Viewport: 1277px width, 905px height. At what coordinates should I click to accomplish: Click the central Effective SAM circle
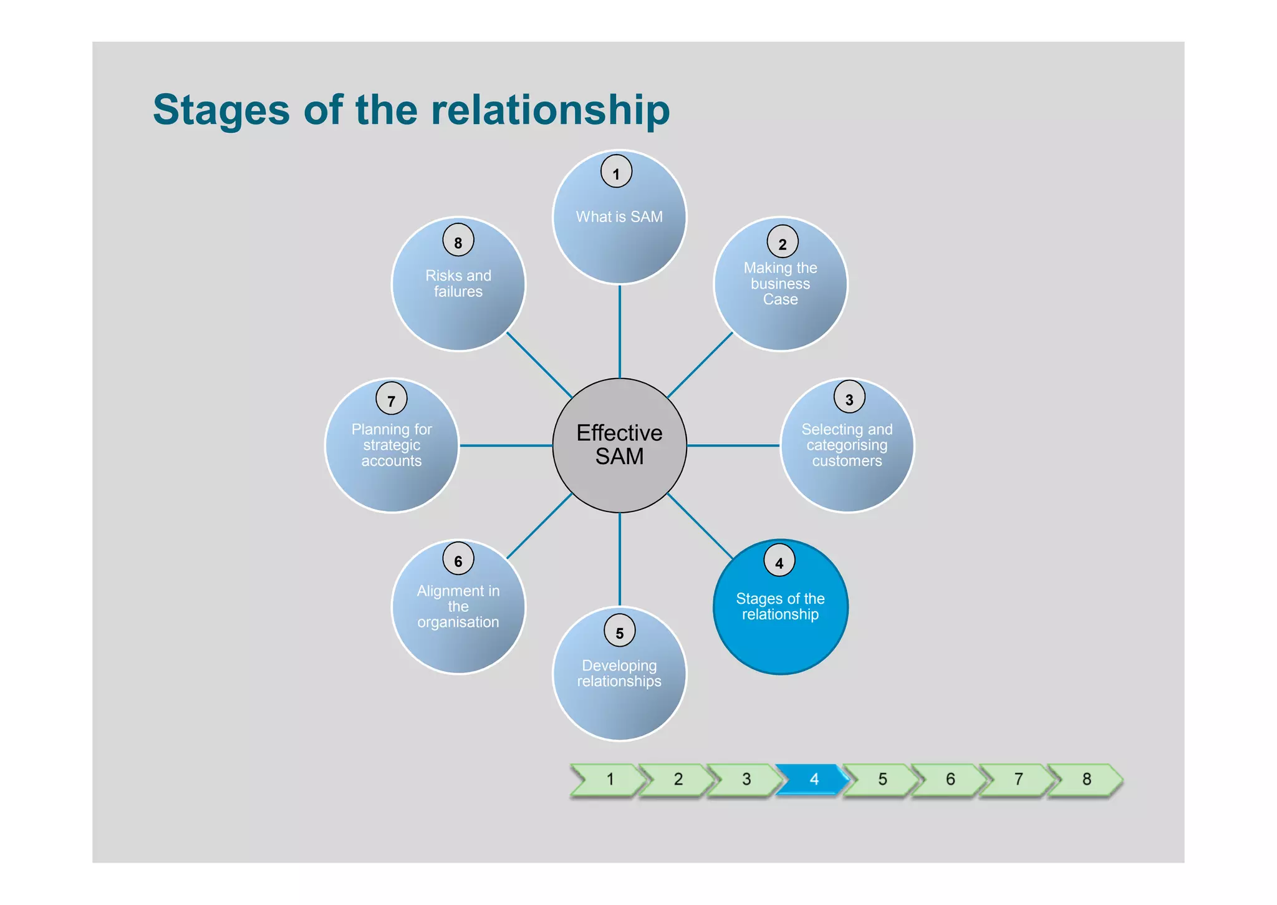click(619, 445)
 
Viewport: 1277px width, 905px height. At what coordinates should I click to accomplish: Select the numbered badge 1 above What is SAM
click(616, 172)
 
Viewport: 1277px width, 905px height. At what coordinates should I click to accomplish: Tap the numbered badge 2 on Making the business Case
click(783, 242)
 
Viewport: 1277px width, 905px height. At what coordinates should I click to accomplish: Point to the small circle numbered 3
click(849, 397)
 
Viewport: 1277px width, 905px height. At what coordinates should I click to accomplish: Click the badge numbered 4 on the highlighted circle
click(779, 561)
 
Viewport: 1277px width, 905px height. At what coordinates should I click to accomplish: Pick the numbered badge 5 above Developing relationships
click(620, 631)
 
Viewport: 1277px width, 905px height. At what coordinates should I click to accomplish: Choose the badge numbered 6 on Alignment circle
click(458, 559)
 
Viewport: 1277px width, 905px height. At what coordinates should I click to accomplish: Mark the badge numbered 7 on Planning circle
click(392, 399)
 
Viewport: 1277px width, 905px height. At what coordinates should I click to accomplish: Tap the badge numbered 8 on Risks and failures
click(458, 241)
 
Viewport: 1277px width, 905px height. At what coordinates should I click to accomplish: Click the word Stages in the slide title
click(221, 110)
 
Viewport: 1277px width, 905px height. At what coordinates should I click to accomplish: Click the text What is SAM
click(619, 216)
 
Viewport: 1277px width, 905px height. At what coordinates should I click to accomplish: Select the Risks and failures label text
click(458, 283)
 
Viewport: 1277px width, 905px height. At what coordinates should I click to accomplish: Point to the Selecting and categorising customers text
click(847, 445)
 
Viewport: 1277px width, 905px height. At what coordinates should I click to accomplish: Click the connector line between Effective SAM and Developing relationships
click(620, 559)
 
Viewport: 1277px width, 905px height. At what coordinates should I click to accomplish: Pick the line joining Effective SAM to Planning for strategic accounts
click(506, 445)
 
